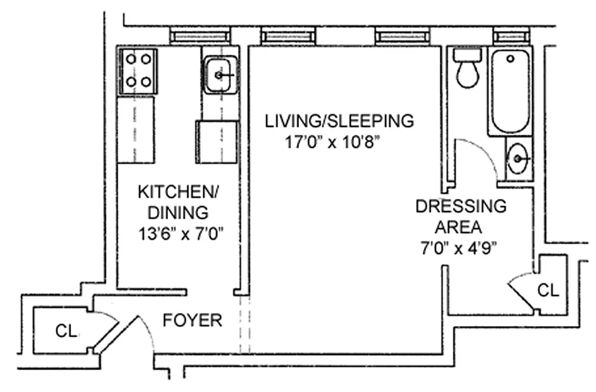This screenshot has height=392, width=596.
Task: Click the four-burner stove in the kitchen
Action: point(138,71)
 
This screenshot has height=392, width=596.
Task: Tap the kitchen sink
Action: point(220,75)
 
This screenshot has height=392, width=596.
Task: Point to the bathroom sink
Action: point(518,158)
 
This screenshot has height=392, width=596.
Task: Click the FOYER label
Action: point(192,320)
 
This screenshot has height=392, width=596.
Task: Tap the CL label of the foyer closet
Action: point(66,332)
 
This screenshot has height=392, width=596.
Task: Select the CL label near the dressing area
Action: point(548,291)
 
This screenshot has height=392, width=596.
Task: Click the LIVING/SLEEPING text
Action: point(340,121)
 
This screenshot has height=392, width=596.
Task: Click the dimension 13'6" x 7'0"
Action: point(181,234)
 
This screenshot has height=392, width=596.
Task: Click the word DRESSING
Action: point(461,206)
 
